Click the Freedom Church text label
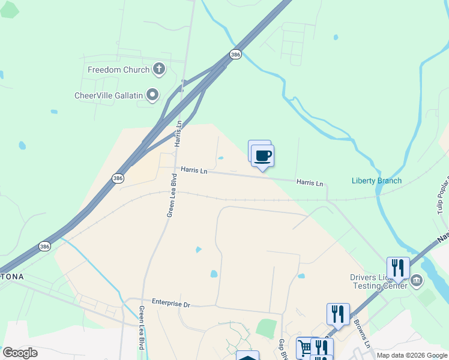coord(118,70)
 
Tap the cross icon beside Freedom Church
coord(159,69)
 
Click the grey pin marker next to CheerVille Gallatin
coord(152,94)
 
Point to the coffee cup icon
coord(263,156)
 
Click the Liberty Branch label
coord(376,181)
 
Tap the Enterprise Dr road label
coord(170,304)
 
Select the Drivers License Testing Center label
coord(378,281)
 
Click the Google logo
coord(20,353)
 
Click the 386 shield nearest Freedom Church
coord(236,54)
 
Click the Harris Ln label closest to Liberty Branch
coord(309,182)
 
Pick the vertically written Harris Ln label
coord(178,133)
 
